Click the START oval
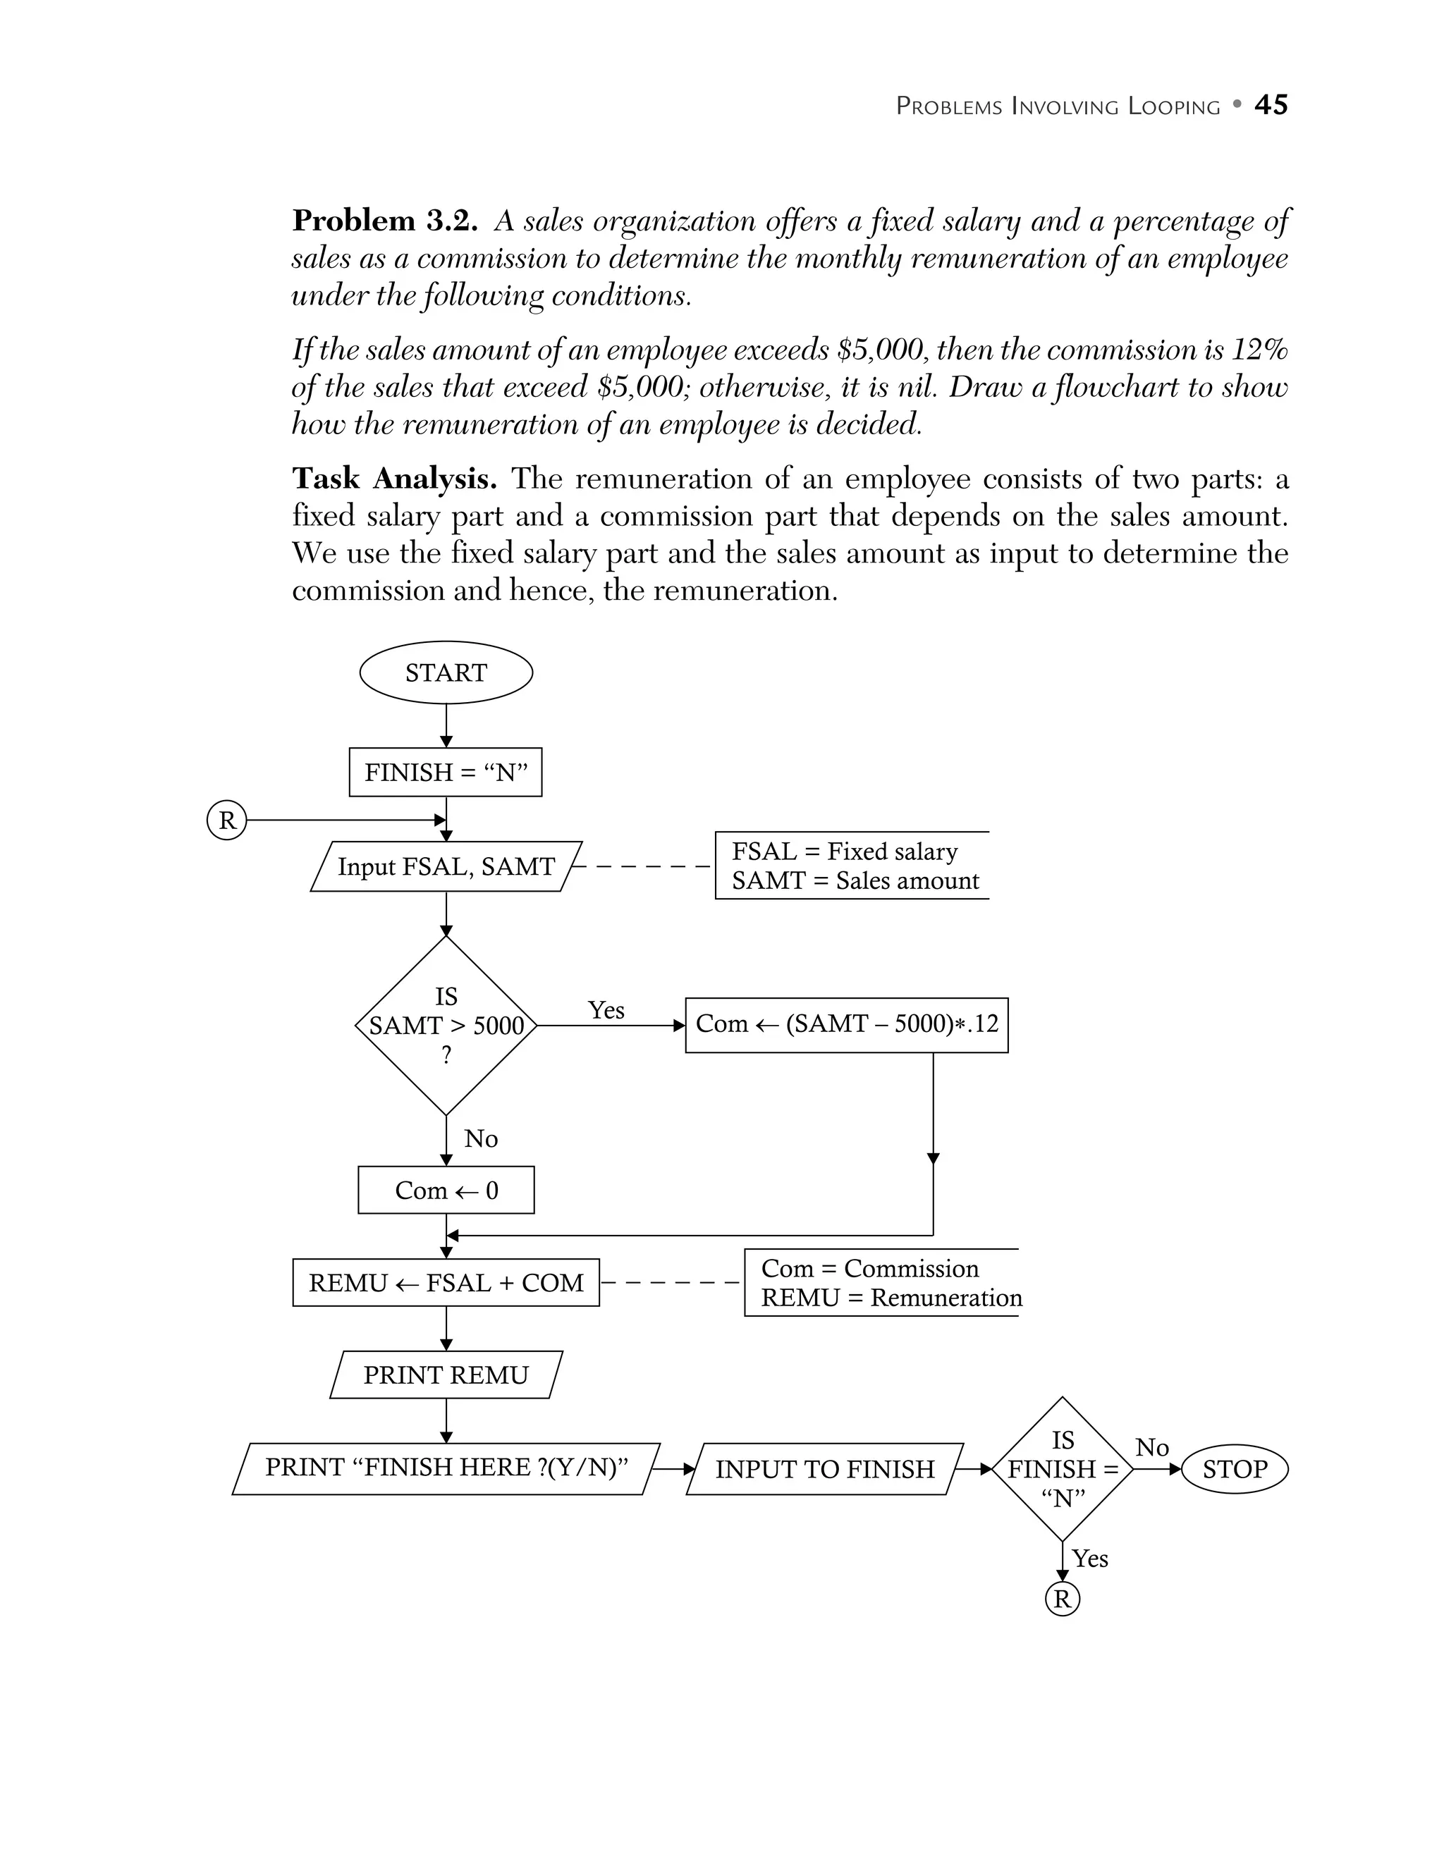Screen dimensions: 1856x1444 pos(446,672)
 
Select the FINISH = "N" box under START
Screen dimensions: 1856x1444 pos(446,772)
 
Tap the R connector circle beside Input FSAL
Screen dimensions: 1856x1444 pos(227,820)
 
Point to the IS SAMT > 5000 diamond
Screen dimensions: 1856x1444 pos(446,1025)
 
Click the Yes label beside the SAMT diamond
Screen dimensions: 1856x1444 pos(606,1009)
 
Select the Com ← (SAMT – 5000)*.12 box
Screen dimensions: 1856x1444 pos(847,1024)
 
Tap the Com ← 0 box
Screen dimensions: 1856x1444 pos(446,1190)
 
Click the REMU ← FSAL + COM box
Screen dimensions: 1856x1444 pos(446,1282)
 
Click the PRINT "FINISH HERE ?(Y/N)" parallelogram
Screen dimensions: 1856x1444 pos(446,1468)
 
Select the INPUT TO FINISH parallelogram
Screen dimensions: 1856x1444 pos(824,1468)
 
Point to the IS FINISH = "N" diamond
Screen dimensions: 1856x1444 pos(1063,1468)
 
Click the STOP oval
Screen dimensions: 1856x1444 pos(1234,1468)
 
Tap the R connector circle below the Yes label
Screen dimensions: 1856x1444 pos(1062,1599)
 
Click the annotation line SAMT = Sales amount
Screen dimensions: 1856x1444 pos(855,880)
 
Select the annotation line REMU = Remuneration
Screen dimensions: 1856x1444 pos(891,1298)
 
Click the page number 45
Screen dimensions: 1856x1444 pos(1271,104)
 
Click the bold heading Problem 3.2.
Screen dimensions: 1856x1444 pos(384,221)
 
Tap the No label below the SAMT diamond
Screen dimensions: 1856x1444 pos(480,1138)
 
